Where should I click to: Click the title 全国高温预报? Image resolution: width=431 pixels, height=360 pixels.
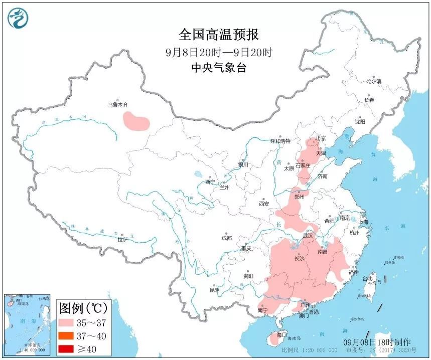pos(219,35)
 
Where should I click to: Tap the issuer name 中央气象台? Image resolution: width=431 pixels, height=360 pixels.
pos(219,68)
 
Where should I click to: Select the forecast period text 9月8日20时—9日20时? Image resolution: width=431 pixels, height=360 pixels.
pos(219,52)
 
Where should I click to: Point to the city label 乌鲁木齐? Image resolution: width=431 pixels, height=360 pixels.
pos(118,105)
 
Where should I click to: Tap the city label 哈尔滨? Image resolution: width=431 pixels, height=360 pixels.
pos(373,81)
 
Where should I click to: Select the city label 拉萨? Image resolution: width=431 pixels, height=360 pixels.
pos(122,239)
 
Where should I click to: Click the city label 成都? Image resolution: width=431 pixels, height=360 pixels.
pos(226,238)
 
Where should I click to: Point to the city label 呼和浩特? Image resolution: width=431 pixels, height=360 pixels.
pos(280,141)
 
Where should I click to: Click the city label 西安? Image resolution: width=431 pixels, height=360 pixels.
pos(264,204)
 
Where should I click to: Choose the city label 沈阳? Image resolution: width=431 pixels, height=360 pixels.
pos(360,121)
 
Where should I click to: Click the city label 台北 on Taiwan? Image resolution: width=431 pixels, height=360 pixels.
pos(368,279)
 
